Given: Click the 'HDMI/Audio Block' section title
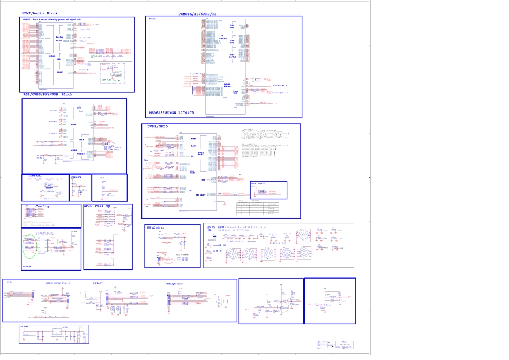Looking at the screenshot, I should (x=40, y=13).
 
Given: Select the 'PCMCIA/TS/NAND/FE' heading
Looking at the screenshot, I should (x=198, y=13).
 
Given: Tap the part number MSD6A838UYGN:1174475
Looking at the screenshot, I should (x=171, y=113).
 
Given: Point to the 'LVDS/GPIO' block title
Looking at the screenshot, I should (x=158, y=127).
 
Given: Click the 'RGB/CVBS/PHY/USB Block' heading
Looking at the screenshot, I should (x=48, y=95).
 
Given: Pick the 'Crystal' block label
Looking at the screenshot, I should (x=35, y=176).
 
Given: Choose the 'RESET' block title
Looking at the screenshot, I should (x=77, y=176).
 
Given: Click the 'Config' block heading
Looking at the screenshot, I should (x=42, y=206).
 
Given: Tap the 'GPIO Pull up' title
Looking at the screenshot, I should (x=97, y=206).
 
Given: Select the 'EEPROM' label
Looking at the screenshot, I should (x=27, y=266).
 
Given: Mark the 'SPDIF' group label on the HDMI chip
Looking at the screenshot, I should (x=59, y=71).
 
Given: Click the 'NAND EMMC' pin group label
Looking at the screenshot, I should (x=227, y=85).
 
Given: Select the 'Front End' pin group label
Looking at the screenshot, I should (x=235, y=92).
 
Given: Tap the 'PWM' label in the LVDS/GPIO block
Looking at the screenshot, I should (x=193, y=139).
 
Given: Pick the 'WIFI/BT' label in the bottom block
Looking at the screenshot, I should (x=98, y=283).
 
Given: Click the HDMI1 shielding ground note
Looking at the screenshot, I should (x=51, y=19).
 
